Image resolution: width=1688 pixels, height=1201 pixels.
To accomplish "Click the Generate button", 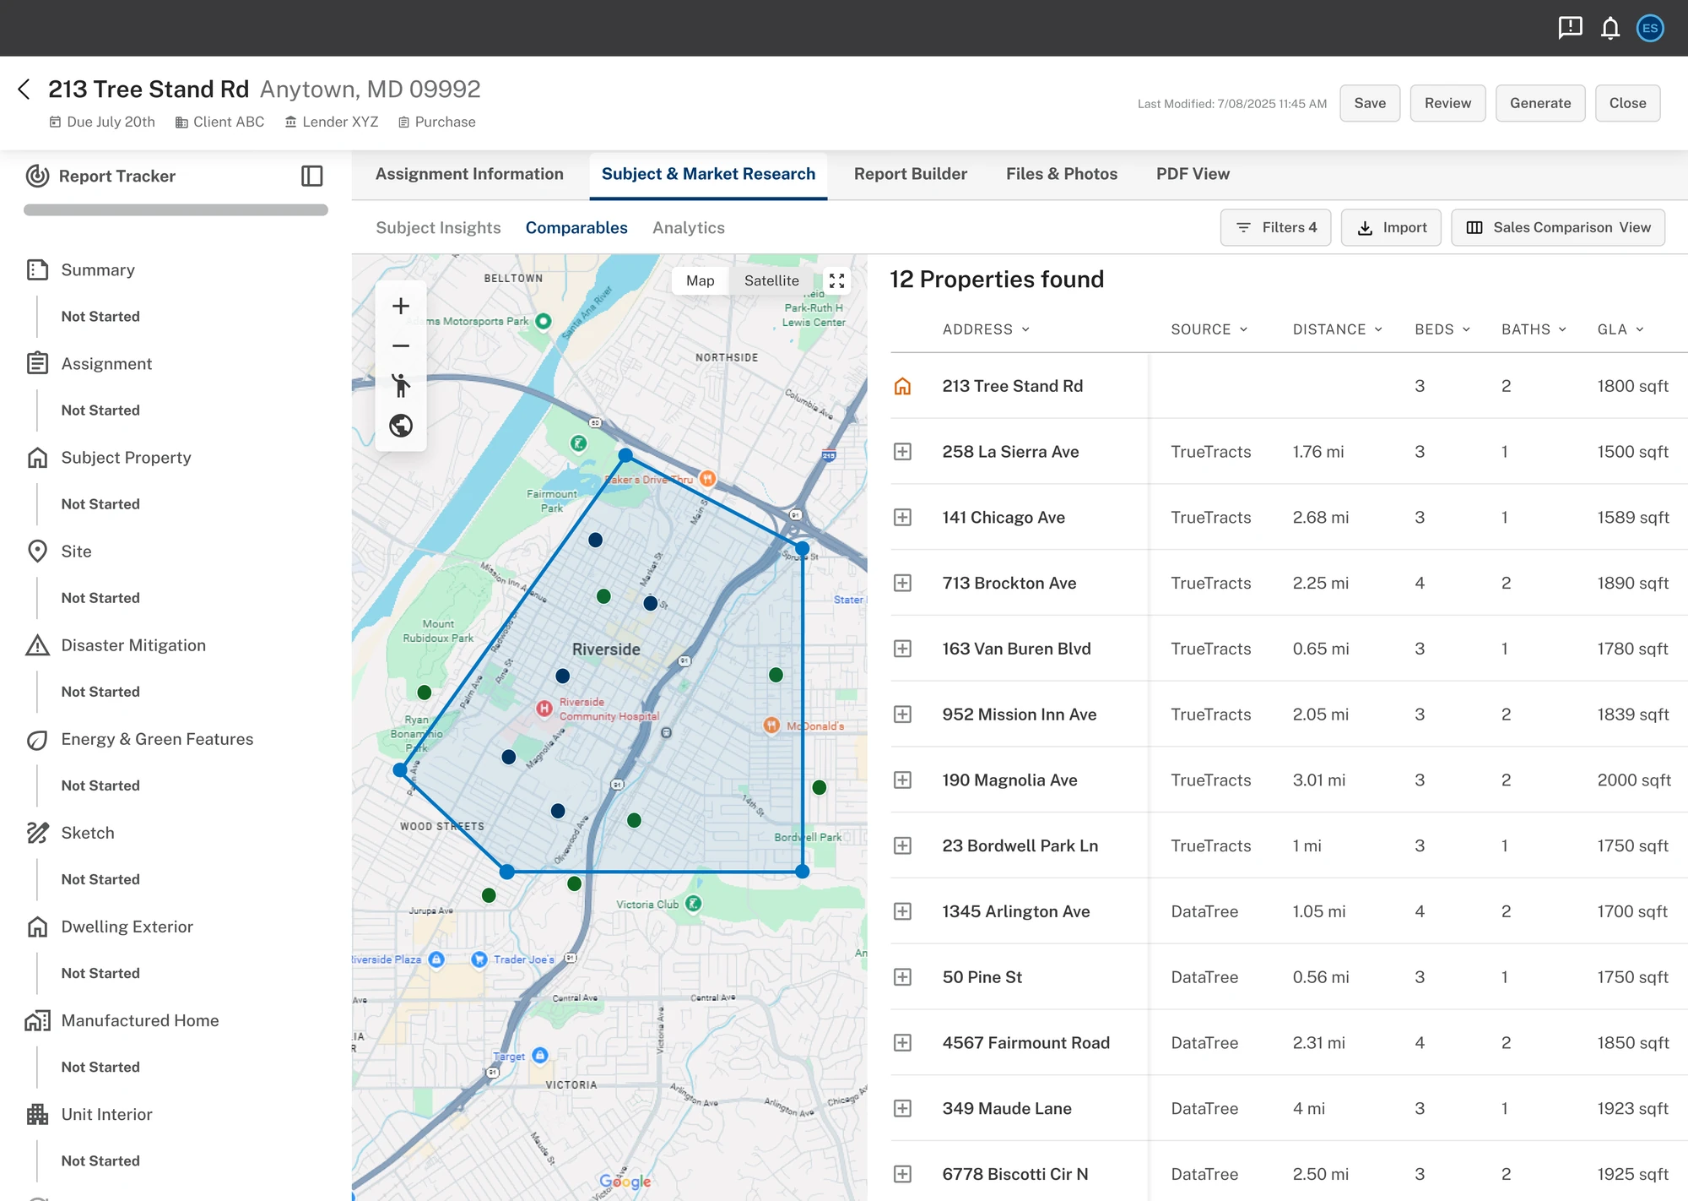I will point(1539,103).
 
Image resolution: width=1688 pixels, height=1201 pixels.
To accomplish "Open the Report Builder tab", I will point(910,174).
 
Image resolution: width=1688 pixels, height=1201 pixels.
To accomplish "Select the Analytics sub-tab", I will point(688,228).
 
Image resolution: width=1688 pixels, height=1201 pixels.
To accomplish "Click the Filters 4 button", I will point(1275,228).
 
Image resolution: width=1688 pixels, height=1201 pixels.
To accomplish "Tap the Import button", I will point(1391,228).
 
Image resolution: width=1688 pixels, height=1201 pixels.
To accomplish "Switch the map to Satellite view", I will point(771,281).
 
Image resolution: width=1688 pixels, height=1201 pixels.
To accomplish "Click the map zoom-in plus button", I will point(401,307).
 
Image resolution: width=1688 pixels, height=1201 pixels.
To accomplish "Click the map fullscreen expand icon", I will point(836,281).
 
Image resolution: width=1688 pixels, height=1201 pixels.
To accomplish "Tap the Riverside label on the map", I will point(606,649).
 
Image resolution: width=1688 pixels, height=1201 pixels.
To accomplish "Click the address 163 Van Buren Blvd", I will point(1016,649).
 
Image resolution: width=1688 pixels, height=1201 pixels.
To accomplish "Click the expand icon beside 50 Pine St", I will point(902,977).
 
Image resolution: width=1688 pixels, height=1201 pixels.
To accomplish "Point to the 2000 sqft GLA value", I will point(1633,780).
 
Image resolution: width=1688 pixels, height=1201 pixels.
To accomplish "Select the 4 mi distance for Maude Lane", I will point(1308,1109).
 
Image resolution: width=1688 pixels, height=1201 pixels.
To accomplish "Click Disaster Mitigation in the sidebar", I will point(133,645).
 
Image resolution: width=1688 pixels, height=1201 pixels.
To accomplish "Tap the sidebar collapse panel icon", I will point(312,176).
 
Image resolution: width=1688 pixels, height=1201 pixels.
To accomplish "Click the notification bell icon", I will point(1610,29).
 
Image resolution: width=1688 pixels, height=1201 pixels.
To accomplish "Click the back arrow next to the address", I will point(24,90).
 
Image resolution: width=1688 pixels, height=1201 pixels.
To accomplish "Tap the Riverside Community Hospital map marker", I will point(544,708).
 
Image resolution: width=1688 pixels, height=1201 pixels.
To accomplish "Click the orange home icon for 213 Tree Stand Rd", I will point(902,386).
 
